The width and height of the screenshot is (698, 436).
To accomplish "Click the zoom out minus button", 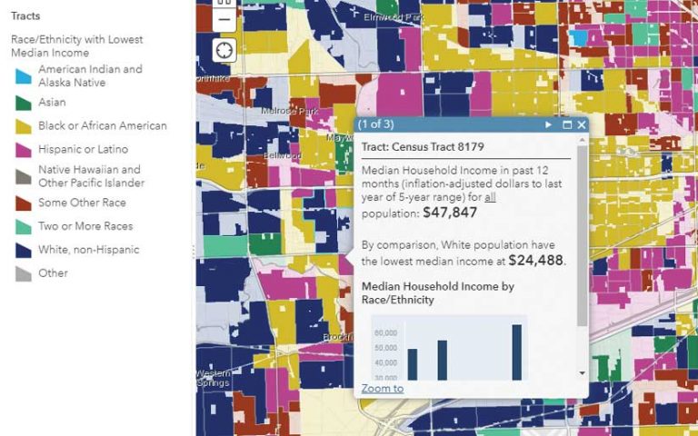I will coord(224,20).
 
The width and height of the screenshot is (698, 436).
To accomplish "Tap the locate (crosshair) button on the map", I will coord(224,51).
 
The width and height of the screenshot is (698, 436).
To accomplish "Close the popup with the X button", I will coord(582,124).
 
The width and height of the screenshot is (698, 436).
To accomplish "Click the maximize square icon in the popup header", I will coord(567,124).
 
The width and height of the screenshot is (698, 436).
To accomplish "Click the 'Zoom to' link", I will coord(382,389).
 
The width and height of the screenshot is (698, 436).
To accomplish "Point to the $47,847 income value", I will coord(450,213).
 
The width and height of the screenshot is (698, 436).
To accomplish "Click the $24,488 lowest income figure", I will coord(535,260).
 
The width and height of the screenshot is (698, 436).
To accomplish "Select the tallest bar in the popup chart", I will coord(517,352).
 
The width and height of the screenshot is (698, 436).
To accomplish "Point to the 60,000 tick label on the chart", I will coord(386,332).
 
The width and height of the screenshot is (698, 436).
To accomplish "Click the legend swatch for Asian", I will coord(24,104).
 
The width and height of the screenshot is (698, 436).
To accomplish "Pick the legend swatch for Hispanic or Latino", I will coord(24,150).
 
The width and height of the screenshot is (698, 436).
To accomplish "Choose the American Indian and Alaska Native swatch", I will coord(24,76).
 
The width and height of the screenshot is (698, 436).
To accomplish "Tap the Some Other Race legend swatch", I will coord(24,203).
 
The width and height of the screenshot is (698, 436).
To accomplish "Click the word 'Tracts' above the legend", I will coord(25,16).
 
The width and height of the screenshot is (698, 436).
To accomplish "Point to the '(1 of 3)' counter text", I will coord(375,124).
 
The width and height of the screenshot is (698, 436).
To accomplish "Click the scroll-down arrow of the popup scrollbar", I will coord(582,372).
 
